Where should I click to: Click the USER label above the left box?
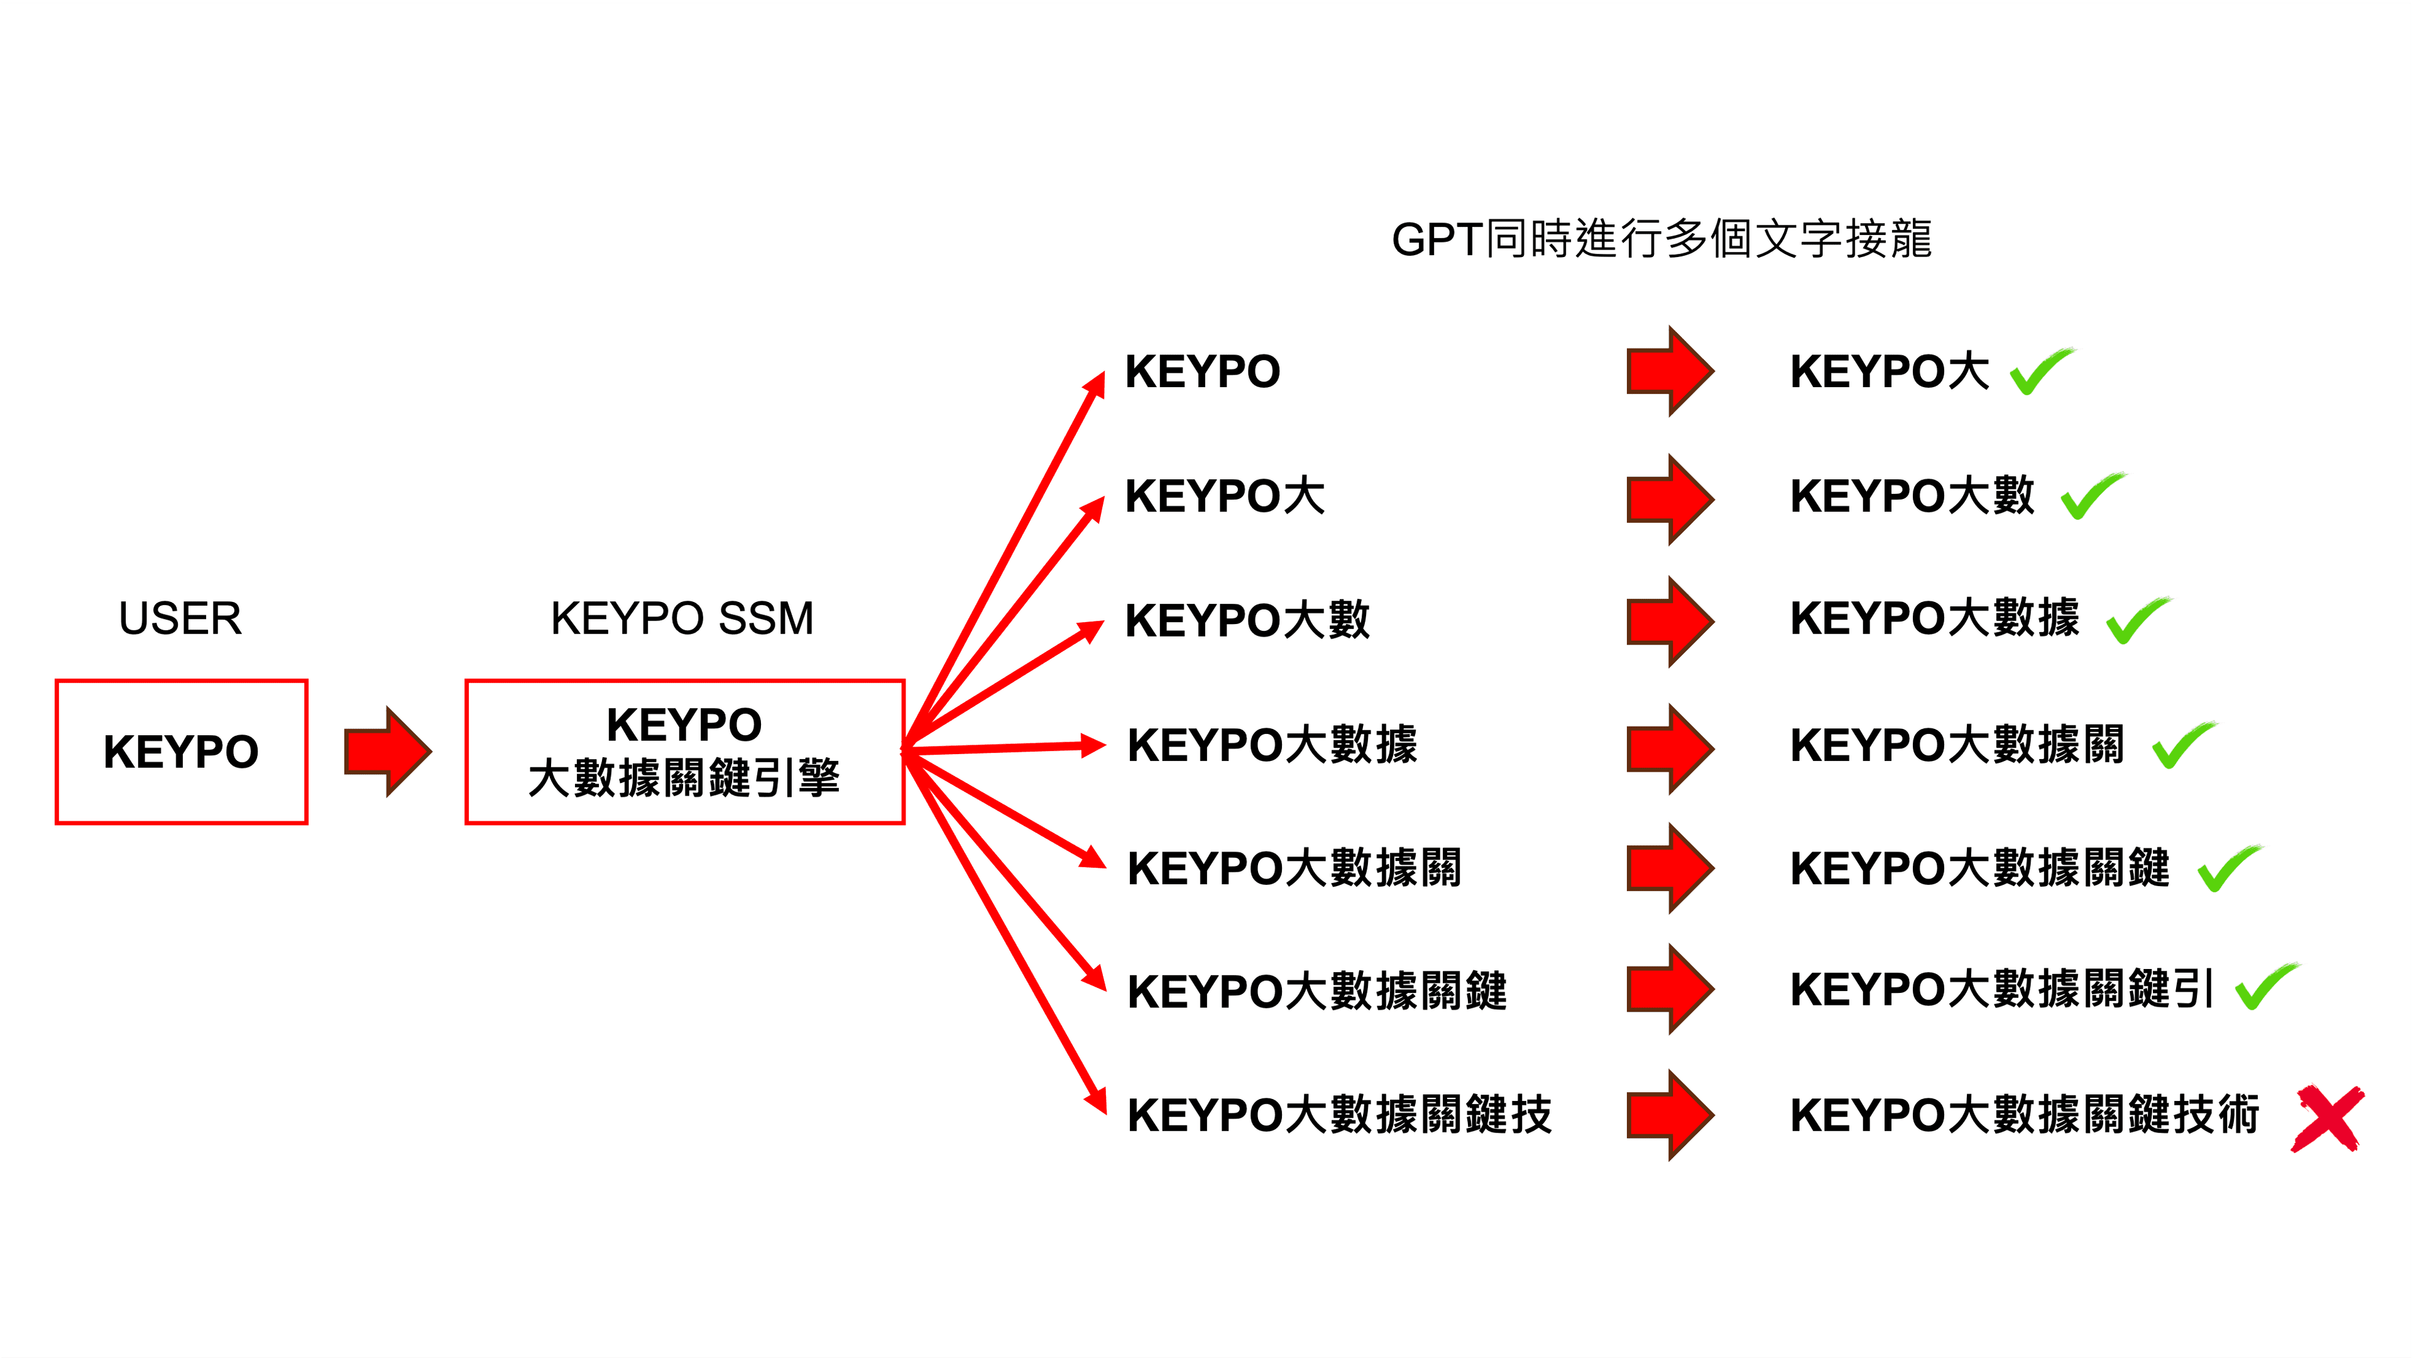[x=180, y=618]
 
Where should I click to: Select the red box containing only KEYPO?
[x=181, y=751]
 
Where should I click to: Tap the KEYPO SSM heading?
[x=682, y=618]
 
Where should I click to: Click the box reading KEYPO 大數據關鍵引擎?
[x=684, y=751]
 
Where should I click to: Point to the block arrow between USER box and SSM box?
[x=387, y=751]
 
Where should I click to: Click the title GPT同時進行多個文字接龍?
[x=1661, y=239]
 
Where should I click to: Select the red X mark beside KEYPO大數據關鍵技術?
[x=2328, y=1118]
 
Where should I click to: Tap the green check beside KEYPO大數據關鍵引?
[x=2266, y=987]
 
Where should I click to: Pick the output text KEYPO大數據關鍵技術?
[x=2024, y=1115]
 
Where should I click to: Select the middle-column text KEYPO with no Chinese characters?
[x=1203, y=372]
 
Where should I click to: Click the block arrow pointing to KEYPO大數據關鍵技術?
[x=1670, y=1115]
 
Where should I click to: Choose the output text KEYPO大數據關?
[x=1957, y=745]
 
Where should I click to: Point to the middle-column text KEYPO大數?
[x=1247, y=620]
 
